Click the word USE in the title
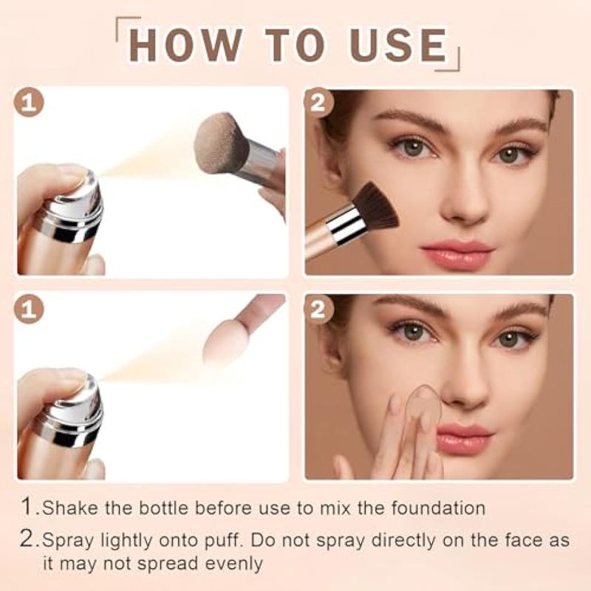[397, 45]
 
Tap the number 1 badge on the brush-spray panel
[29, 102]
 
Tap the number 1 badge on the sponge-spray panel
[29, 309]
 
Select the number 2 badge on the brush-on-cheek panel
[319, 102]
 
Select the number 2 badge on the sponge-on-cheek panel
[319, 309]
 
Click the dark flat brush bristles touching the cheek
[375, 208]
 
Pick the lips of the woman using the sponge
[465, 438]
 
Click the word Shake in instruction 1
[69, 508]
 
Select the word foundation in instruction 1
[438, 508]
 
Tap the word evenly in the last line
[234, 564]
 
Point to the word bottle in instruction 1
[163, 508]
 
